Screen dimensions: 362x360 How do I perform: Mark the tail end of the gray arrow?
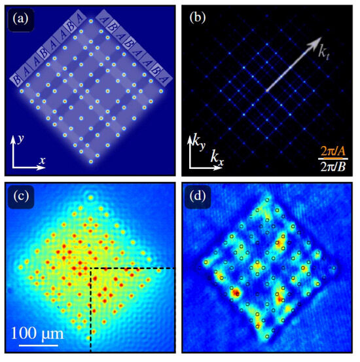pos(267,90)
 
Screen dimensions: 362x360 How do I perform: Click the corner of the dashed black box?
pos(90,268)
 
